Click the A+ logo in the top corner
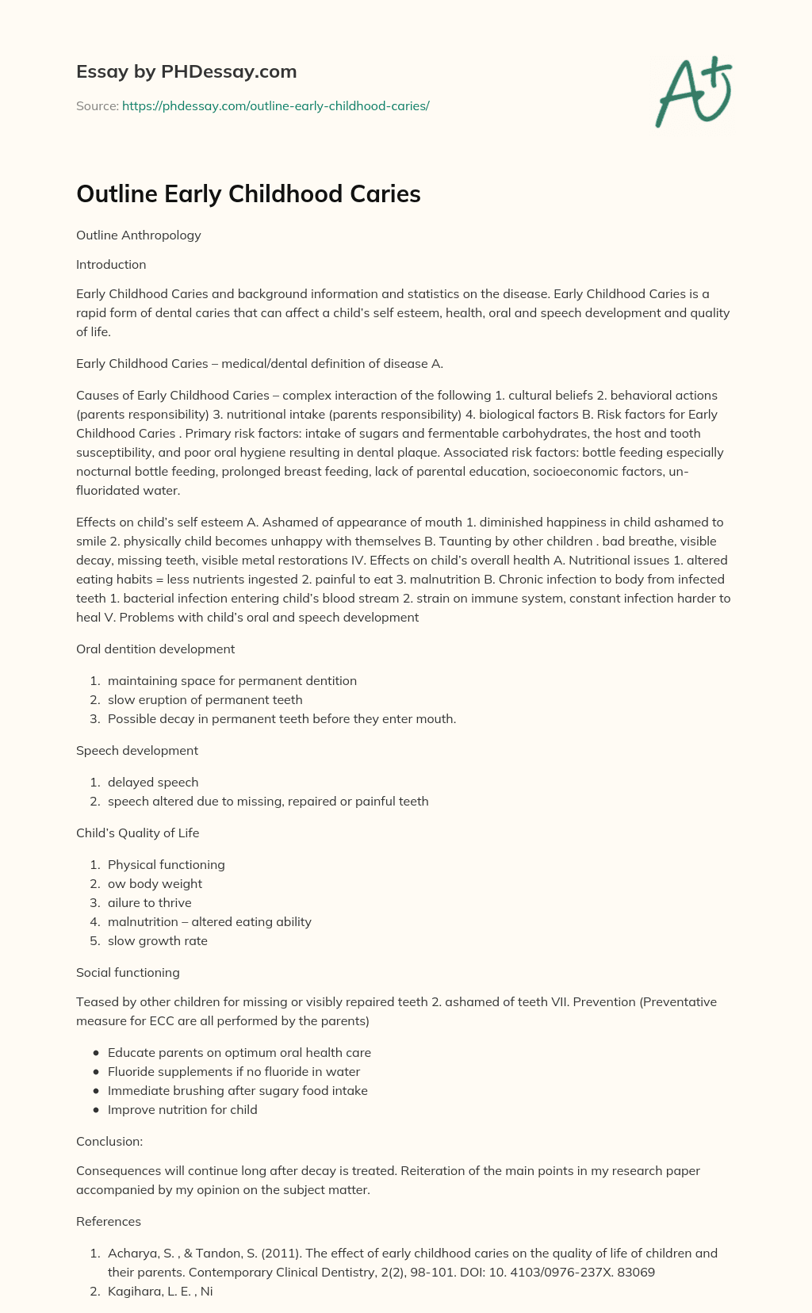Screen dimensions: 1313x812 (693, 91)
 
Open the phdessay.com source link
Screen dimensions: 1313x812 (275, 105)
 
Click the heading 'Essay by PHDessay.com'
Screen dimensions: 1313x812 (186, 72)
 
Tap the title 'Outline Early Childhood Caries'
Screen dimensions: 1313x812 (248, 194)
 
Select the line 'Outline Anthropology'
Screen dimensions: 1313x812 (139, 235)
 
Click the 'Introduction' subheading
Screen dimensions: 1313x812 (111, 265)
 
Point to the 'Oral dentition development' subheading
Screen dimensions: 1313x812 (155, 649)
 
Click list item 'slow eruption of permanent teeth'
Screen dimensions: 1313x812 (205, 700)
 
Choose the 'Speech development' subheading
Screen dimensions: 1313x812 (137, 751)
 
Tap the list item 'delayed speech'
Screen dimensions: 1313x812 (153, 783)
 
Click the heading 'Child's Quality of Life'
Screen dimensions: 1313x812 (138, 833)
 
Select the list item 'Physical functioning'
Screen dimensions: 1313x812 (167, 865)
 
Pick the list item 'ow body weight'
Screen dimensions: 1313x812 (155, 884)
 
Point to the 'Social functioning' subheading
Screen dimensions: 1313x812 (128, 973)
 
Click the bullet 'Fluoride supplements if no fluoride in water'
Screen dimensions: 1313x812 (234, 1072)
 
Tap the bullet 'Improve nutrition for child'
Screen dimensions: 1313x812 (182, 1110)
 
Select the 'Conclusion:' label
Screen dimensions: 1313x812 (109, 1142)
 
